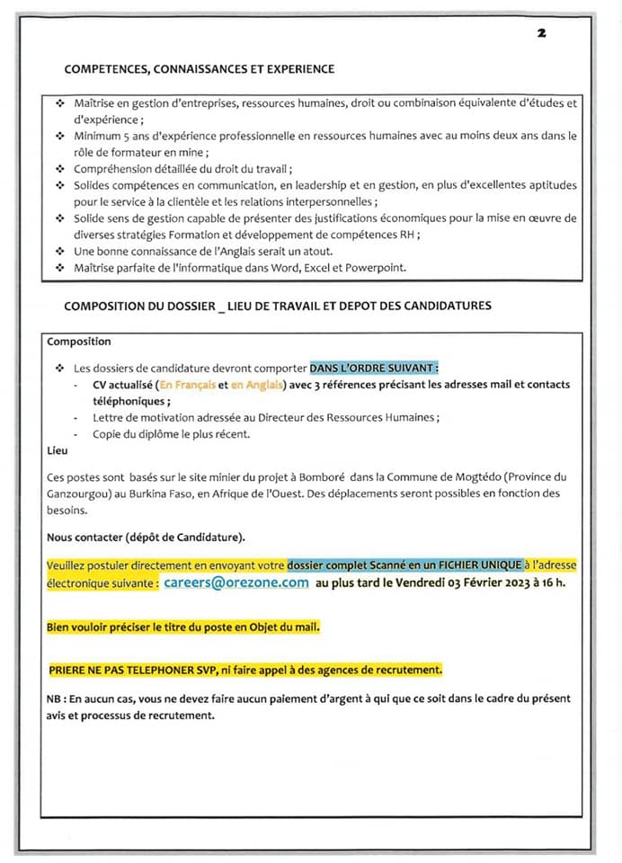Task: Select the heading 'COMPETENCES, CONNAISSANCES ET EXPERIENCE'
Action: (x=200, y=68)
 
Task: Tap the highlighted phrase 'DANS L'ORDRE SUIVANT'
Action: (x=374, y=368)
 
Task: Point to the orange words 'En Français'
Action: (x=187, y=385)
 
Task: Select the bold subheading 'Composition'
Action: (x=79, y=342)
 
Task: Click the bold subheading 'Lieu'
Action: (x=56, y=449)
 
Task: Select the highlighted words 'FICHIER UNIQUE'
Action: (x=477, y=565)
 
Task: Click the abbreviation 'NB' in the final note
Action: (x=54, y=698)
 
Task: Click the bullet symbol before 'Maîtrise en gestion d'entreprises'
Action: (x=59, y=103)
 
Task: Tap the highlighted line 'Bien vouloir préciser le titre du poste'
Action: (x=182, y=627)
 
